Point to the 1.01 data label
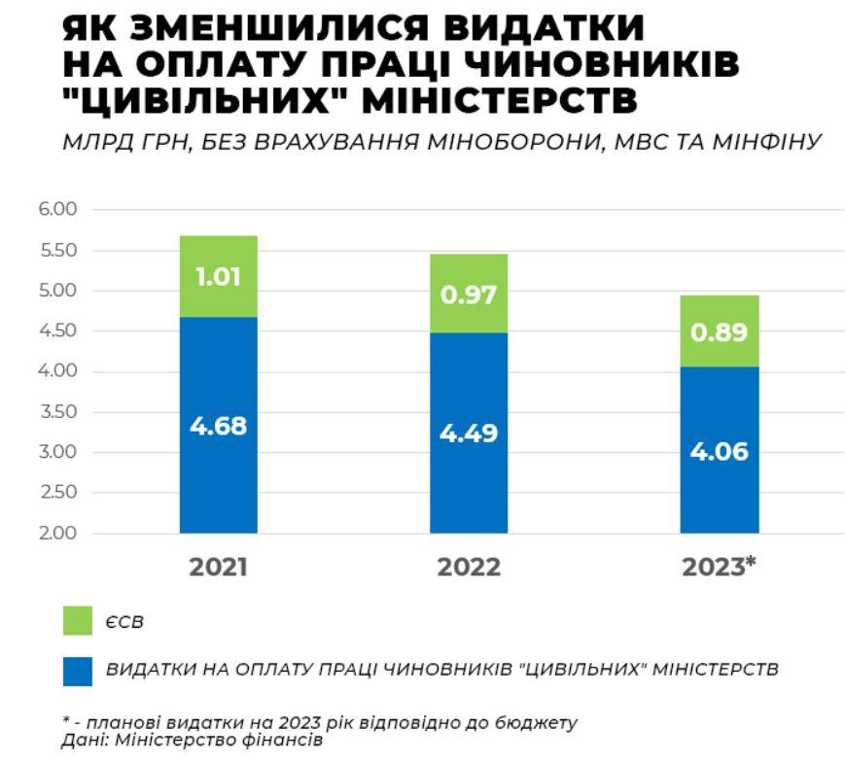[x=219, y=277]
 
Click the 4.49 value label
[x=469, y=433]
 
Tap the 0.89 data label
[x=720, y=332]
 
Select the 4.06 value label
[x=720, y=451]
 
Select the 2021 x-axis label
[x=219, y=568]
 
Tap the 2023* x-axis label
[x=720, y=568]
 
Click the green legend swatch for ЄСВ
[x=77, y=621]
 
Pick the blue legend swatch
[x=77, y=671]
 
